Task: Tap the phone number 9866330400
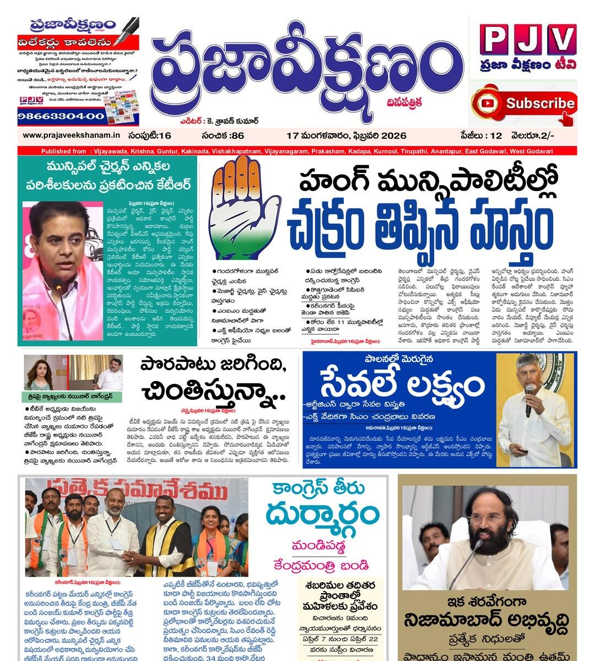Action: pyautogui.click(x=61, y=116)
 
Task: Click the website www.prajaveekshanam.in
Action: pyautogui.click(x=71, y=136)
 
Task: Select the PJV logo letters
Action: pyautogui.click(x=527, y=40)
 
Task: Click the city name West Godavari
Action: pyautogui.click(x=532, y=151)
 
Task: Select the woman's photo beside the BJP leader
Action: pyautogui.click(x=39, y=372)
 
